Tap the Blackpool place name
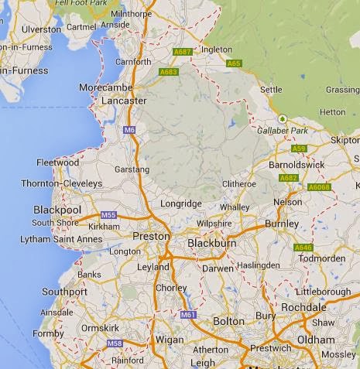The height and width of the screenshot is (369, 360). point(58,210)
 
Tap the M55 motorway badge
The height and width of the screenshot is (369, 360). point(108,215)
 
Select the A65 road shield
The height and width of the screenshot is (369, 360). point(235,63)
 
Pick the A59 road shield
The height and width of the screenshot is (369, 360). point(299,148)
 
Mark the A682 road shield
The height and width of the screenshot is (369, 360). point(288,178)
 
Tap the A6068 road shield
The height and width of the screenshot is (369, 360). point(319,186)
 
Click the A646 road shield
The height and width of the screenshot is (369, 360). point(303,247)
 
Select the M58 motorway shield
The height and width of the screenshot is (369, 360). point(115,343)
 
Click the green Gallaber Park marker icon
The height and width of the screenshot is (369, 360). point(282,118)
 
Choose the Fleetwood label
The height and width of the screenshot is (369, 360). point(57,162)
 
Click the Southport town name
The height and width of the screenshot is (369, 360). point(65,292)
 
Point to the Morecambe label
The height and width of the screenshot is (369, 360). point(106,87)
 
